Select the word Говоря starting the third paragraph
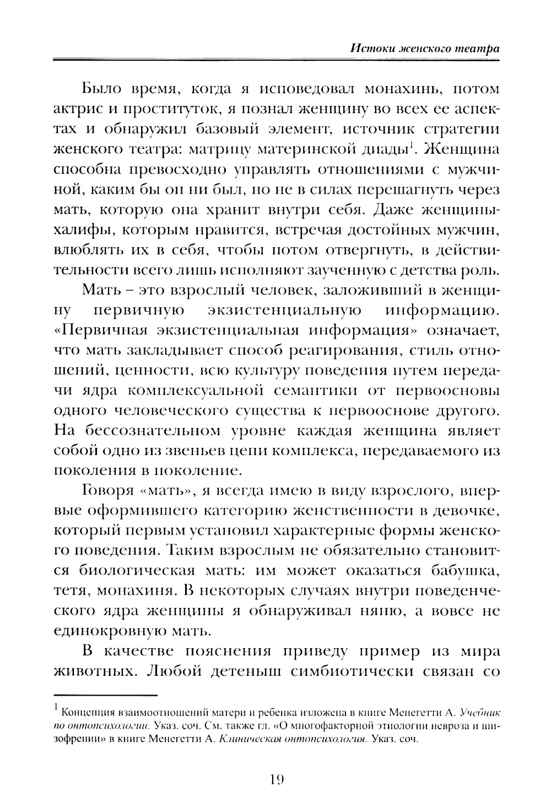tap(103, 490)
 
